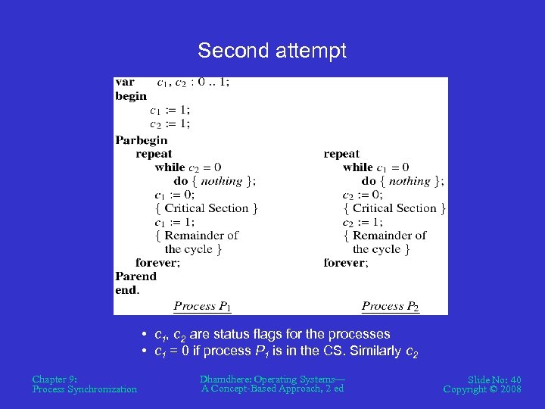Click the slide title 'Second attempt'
point(272,51)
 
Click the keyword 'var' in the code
point(125,82)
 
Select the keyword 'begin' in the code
point(131,96)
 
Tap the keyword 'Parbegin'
point(141,140)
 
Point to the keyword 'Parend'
point(135,276)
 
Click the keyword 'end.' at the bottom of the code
point(127,290)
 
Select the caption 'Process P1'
point(202,307)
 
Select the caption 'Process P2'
point(390,307)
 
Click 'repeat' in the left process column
point(154,154)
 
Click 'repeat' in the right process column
point(341,154)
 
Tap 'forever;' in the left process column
point(157,263)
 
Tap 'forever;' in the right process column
point(345,263)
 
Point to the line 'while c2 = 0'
point(188,167)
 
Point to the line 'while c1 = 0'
point(375,167)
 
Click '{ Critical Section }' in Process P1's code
point(206,208)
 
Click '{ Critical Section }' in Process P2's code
point(394,208)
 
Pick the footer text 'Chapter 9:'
point(54,379)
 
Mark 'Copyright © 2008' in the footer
point(482,389)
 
